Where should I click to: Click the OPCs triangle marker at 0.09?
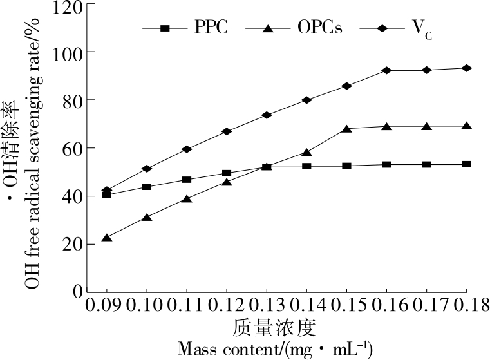(x=106, y=238)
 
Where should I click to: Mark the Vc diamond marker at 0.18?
(x=467, y=68)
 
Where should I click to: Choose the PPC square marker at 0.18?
(x=467, y=164)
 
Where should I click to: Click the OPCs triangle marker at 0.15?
(x=346, y=128)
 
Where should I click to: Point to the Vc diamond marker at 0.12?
(x=227, y=131)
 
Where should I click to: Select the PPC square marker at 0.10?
(x=146, y=187)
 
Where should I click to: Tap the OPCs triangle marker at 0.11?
(x=186, y=199)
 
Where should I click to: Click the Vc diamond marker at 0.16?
(x=386, y=70)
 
